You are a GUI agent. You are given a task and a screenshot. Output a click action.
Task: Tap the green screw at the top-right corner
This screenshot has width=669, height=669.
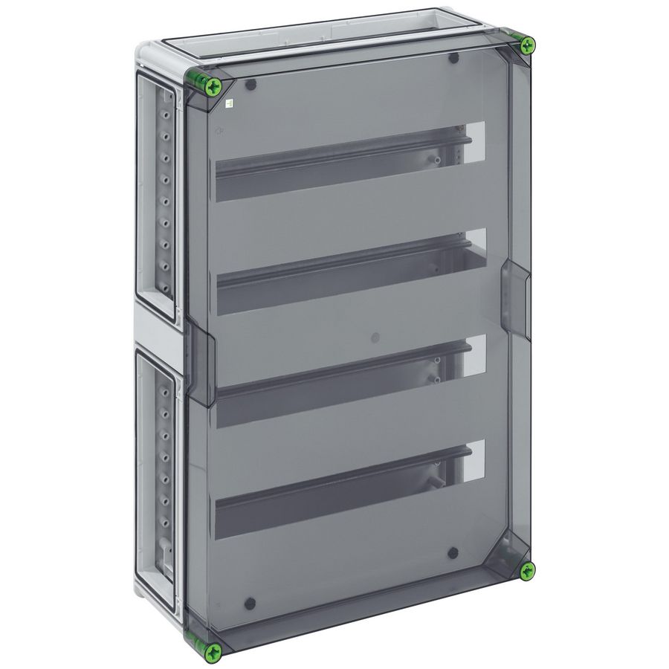click(527, 45)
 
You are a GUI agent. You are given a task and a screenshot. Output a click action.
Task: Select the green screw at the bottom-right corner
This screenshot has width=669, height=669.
click(527, 571)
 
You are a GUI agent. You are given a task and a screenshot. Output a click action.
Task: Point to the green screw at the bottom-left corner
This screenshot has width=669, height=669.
click(213, 652)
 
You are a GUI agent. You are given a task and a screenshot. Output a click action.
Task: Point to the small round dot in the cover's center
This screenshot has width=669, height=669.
click(375, 337)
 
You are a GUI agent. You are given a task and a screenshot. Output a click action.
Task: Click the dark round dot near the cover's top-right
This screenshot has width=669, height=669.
click(454, 58)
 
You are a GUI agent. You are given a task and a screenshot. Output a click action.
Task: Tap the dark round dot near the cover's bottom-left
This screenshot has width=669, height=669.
click(251, 604)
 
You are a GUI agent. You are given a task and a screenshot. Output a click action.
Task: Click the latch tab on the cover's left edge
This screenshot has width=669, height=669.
click(199, 349)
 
